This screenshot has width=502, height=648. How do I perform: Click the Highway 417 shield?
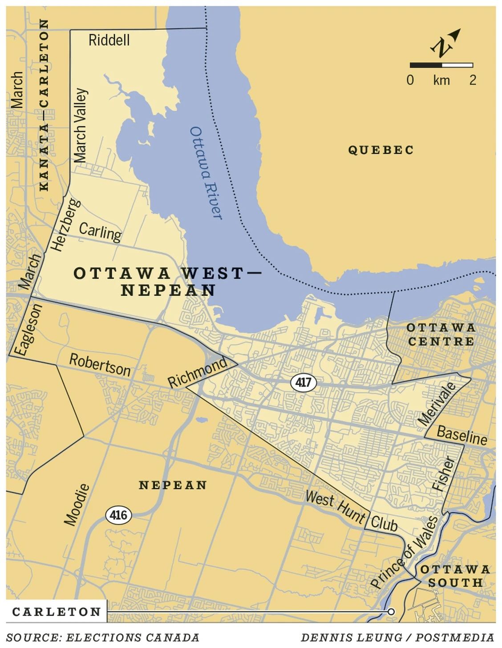coord(304,383)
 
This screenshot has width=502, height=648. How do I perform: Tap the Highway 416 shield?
coord(118,515)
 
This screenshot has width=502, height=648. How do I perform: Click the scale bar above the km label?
coord(441,65)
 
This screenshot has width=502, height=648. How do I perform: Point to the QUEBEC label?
coord(381,150)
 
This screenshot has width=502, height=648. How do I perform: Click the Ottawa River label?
coord(206,173)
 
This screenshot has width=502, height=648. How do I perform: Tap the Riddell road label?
coord(109,40)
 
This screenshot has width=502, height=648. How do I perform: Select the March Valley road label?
coord(81,126)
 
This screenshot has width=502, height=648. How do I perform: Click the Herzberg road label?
coord(65,225)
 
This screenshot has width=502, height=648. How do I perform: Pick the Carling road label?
coord(100,232)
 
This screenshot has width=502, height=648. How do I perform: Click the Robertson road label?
coord(100,365)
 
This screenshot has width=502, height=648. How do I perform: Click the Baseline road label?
coord(462,435)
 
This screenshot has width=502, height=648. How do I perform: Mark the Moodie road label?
coord(77,505)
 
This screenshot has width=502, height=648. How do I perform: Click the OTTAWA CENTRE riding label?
coord(441,334)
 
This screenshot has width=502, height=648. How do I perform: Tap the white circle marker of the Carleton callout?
coord(391,612)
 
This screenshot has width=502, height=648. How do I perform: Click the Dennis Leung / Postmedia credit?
coord(397,637)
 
